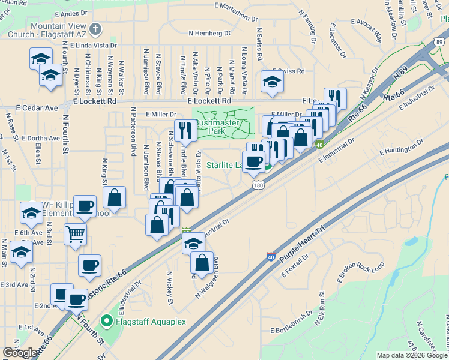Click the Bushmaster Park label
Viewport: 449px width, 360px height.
pos(217,125)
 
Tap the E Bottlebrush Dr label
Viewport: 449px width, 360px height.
pos(297,330)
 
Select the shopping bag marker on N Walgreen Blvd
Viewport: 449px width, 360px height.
pos(202,262)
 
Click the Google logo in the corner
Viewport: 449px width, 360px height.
pos(20,352)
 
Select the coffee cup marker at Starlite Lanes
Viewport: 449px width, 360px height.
pos(254,160)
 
